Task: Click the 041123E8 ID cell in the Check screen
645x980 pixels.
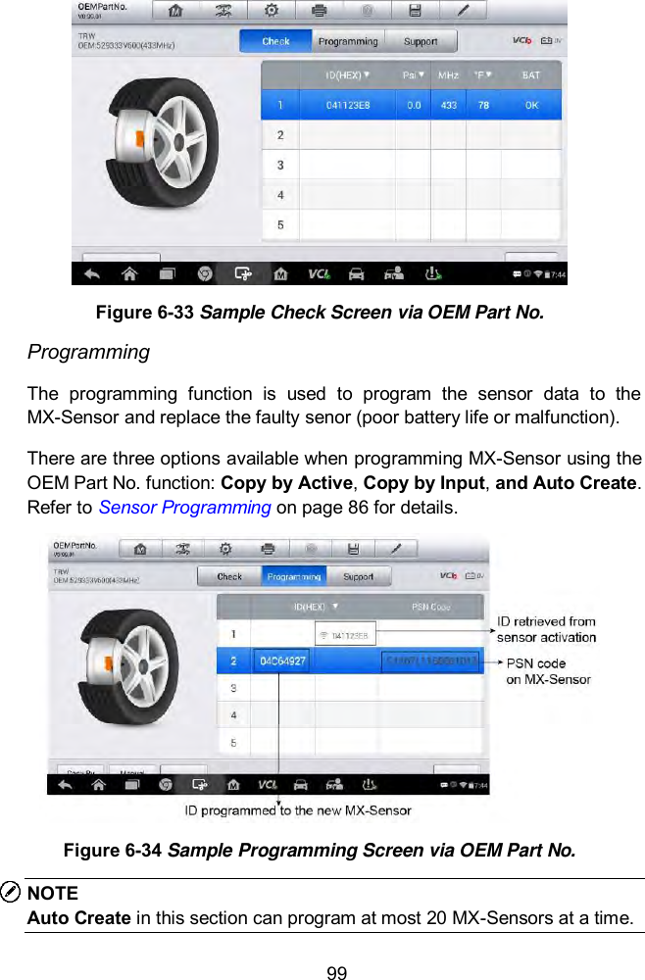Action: (348, 105)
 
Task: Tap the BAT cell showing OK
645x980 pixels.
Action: (530, 105)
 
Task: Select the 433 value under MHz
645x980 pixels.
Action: (448, 105)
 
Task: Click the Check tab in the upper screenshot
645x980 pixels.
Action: (275, 41)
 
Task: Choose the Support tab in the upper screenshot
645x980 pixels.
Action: (421, 41)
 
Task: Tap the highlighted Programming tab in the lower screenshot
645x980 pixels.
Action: (293, 577)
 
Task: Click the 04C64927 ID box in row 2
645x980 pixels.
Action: (282, 661)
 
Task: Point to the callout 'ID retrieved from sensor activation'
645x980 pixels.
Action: (546, 629)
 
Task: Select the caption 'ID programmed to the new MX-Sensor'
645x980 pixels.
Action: (298, 810)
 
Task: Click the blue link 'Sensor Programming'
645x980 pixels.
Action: (185, 508)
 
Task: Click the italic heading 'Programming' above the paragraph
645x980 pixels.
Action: (88, 352)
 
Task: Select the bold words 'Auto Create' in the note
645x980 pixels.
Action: (78, 918)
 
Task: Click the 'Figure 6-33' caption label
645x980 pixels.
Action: (145, 313)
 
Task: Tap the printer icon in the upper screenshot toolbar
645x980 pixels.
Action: (320, 11)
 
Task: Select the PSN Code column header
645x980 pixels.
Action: (430, 607)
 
